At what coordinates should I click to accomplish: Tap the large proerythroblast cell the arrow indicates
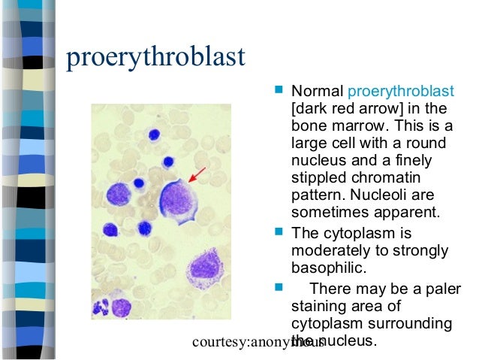(178, 200)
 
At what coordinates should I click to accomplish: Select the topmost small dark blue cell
(155, 135)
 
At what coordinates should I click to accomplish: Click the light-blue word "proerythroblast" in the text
(401, 92)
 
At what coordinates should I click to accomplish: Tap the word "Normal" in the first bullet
(317, 92)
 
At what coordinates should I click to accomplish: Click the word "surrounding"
(411, 323)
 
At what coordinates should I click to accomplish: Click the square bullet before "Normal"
(279, 89)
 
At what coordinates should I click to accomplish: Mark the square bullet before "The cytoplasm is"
(279, 232)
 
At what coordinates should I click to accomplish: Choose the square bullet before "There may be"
(279, 286)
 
